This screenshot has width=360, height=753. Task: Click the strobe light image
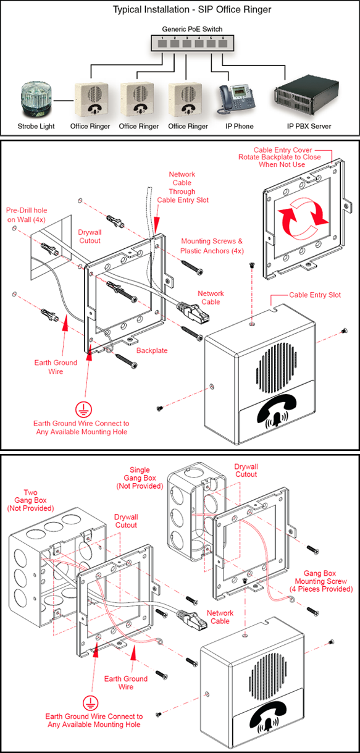[x=36, y=98]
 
